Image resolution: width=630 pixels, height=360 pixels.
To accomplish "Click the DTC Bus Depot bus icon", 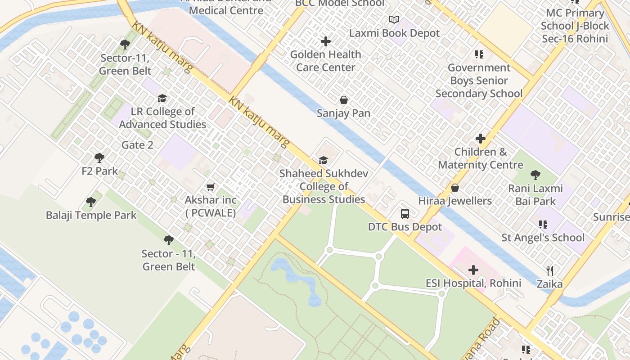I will click(x=405, y=213).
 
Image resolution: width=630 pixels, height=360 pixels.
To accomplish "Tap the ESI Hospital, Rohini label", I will click(x=473, y=283).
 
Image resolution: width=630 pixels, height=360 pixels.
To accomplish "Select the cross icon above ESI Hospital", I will click(x=473, y=270).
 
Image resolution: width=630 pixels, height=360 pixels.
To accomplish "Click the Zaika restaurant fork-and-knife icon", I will click(x=549, y=270).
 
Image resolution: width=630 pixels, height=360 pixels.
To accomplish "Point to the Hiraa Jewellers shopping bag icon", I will click(x=455, y=188).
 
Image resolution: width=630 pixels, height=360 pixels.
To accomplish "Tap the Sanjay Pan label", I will click(x=343, y=113).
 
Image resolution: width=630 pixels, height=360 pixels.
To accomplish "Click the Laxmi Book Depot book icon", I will click(x=394, y=19).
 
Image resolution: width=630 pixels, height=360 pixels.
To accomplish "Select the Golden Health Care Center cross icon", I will click(x=326, y=41).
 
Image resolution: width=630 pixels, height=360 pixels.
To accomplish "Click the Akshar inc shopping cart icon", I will click(x=210, y=187).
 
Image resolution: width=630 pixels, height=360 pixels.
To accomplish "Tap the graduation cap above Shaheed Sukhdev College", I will click(x=323, y=160).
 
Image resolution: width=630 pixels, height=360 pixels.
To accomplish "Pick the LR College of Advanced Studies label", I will click(x=162, y=118).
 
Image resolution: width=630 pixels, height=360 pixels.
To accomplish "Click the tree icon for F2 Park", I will click(x=99, y=158).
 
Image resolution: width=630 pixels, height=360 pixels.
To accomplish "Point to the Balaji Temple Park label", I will click(x=91, y=215).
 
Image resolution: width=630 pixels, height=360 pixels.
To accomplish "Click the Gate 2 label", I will click(x=137, y=145).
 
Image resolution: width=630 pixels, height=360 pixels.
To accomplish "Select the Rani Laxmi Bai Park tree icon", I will click(x=535, y=175).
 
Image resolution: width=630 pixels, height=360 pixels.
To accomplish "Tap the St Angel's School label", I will click(x=543, y=237).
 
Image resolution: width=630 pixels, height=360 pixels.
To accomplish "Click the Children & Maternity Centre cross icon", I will click(x=481, y=139).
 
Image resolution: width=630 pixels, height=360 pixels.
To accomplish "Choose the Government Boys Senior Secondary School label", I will click(x=479, y=81).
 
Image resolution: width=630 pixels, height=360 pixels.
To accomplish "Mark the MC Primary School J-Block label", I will click(x=575, y=26).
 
